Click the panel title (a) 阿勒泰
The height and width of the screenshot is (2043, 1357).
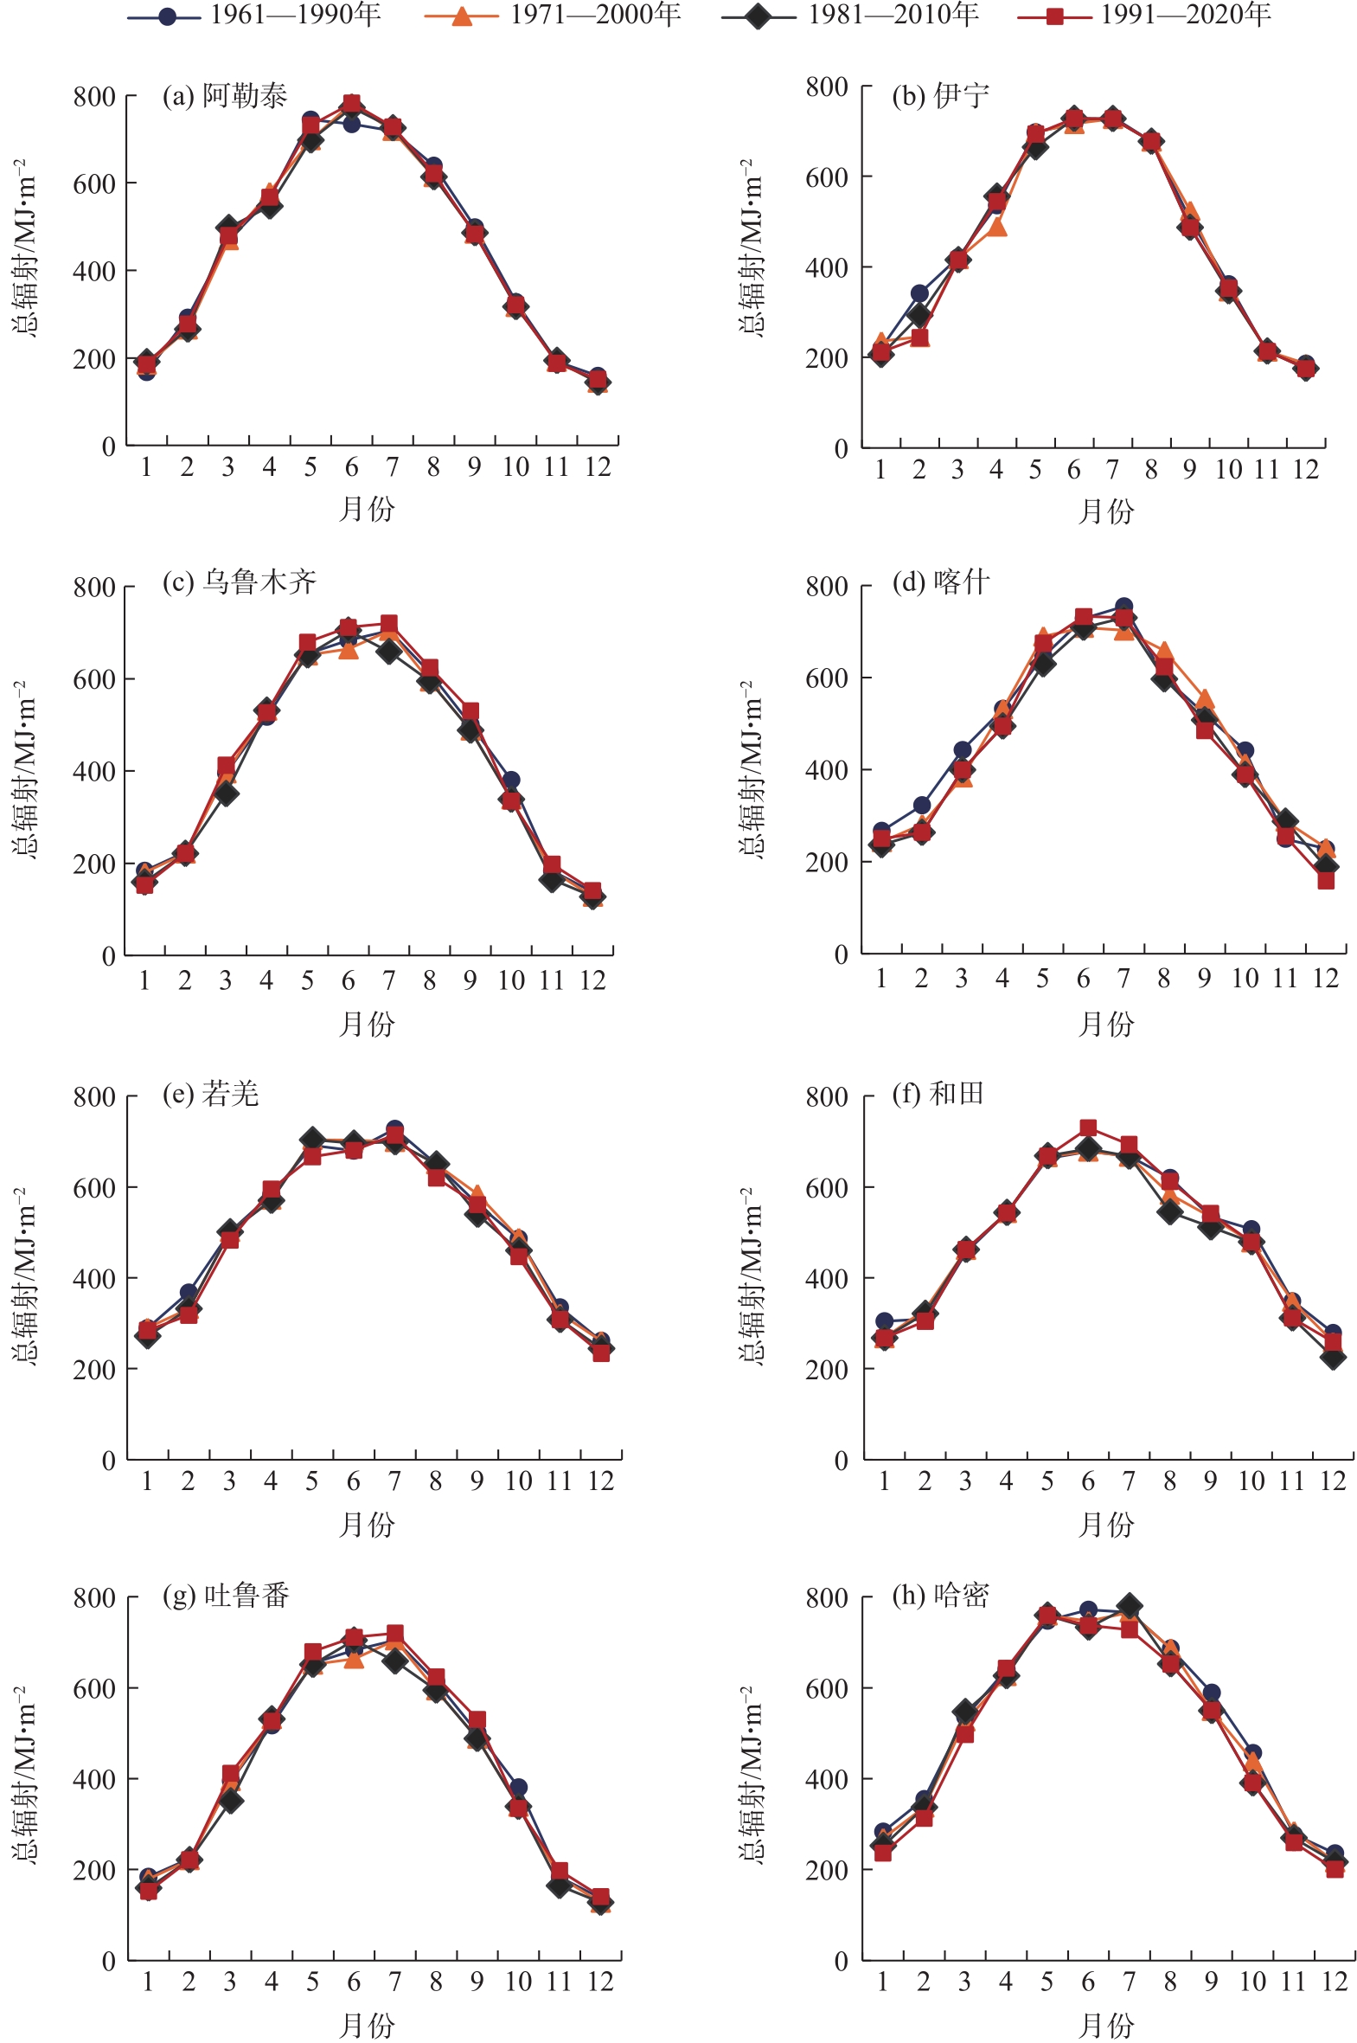click(x=225, y=96)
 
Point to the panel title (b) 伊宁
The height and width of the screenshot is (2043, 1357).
click(x=941, y=95)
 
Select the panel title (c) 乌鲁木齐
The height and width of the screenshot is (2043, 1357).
click(x=240, y=581)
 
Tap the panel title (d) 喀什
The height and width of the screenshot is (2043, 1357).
click(x=941, y=581)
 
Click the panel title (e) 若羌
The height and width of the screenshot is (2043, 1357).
click(x=211, y=1095)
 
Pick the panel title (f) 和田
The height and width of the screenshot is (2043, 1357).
click(x=938, y=1094)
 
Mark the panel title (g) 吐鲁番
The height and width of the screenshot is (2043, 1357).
click(x=226, y=1596)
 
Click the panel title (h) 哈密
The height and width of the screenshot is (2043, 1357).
click(x=941, y=1595)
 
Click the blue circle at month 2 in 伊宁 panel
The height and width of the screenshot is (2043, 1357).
click(x=919, y=293)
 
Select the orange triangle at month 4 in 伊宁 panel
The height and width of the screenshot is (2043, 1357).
click(x=997, y=226)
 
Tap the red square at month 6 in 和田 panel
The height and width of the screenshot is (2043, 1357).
click(x=1088, y=1128)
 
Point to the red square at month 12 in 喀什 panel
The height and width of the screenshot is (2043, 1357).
click(x=1326, y=880)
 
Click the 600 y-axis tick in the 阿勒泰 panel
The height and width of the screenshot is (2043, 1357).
click(x=94, y=183)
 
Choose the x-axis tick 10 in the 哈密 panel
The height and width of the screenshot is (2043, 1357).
click(x=1251, y=1982)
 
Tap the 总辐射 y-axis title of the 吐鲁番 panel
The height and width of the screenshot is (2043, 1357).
click(x=26, y=1774)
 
